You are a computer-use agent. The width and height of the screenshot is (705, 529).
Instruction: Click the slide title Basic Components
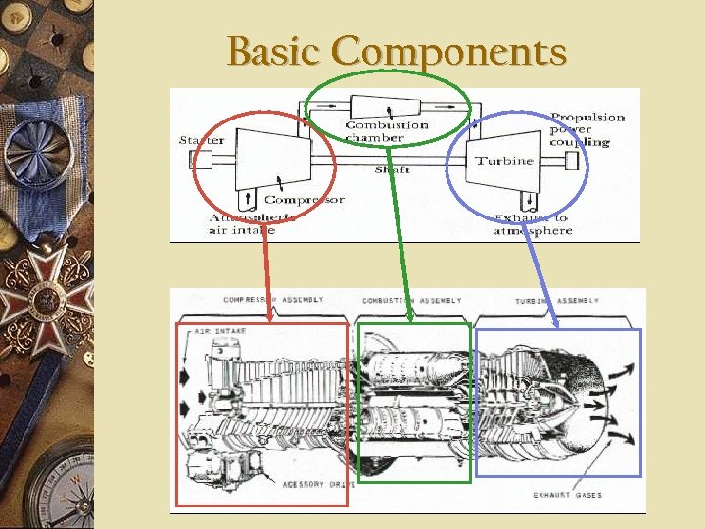397,50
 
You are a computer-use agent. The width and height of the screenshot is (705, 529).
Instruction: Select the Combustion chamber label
387,131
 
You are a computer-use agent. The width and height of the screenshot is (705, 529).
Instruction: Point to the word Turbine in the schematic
504,160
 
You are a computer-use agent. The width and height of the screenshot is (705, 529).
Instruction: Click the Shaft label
392,169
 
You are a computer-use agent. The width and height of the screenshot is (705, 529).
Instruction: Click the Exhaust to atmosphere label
532,224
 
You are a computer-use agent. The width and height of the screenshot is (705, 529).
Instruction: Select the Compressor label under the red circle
305,200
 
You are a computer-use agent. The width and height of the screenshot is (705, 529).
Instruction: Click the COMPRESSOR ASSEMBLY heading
273,300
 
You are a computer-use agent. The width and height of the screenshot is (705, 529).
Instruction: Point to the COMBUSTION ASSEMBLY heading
411,300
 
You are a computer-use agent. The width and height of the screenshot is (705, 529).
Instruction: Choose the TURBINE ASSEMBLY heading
557,300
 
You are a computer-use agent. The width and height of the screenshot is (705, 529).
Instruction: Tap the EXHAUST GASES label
568,495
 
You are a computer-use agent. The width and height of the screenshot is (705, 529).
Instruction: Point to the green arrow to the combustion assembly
400,235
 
